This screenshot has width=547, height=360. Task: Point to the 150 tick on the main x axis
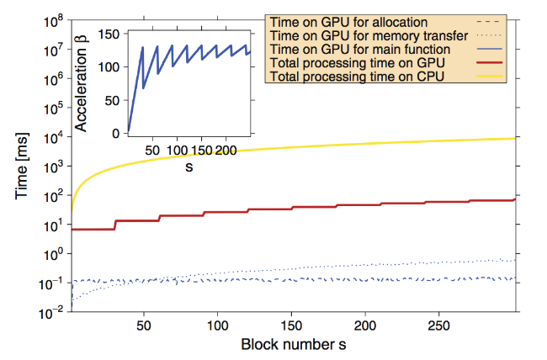[292, 324]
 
